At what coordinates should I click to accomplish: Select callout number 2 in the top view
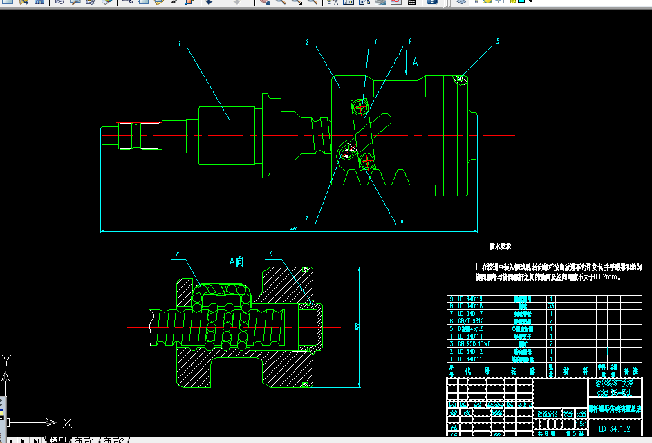click(306, 43)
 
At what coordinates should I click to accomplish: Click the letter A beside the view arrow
click(415, 62)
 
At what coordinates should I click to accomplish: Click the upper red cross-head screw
click(359, 106)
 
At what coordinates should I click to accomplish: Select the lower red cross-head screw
click(367, 162)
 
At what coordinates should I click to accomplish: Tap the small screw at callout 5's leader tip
click(460, 79)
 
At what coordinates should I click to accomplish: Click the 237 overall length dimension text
click(293, 228)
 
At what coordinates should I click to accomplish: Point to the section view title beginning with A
click(236, 261)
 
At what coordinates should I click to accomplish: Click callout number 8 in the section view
click(178, 254)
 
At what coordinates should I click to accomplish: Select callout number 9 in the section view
click(271, 254)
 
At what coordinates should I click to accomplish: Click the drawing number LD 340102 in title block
click(614, 428)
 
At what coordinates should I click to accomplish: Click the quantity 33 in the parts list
click(551, 305)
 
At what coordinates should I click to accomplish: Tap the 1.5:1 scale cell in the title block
click(581, 423)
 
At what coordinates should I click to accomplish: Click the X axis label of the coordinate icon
click(67, 422)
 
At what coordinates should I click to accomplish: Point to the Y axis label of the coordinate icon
click(6, 359)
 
